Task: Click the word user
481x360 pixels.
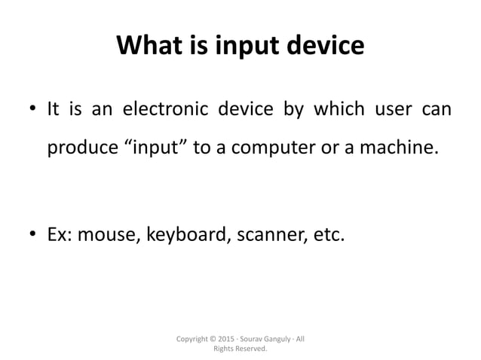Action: (x=391, y=111)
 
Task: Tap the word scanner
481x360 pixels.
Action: (x=268, y=238)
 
